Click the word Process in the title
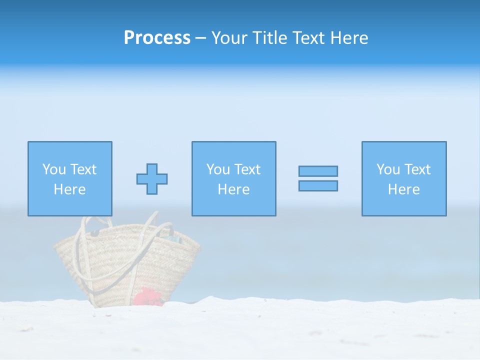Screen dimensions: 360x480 point(157,38)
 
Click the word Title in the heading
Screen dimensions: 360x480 point(268,38)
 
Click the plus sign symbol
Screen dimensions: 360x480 point(152,179)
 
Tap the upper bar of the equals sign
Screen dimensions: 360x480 point(318,171)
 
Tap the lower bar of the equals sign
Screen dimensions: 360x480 point(318,185)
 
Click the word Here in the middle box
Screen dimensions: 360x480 point(233,189)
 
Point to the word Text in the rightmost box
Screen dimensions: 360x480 point(417,169)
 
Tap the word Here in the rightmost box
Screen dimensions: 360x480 point(404,189)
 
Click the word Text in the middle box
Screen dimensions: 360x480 point(247,169)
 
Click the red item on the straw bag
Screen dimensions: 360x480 point(147,296)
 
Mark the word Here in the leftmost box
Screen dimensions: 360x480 point(70,189)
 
